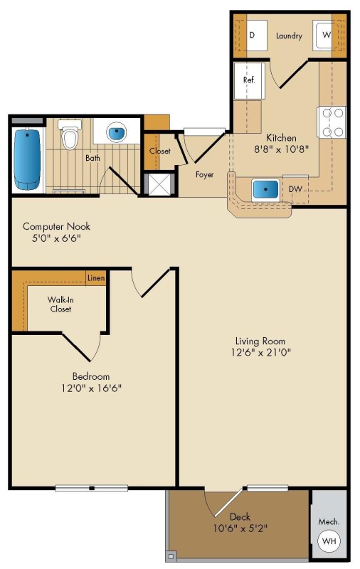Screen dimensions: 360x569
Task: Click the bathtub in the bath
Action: (27, 159)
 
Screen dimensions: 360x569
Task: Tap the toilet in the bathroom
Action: (70, 134)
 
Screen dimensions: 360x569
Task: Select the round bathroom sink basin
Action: (117, 132)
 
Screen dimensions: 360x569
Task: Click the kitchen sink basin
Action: (265, 189)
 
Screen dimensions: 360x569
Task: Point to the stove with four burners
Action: (332, 122)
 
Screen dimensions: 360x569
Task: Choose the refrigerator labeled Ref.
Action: (249, 81)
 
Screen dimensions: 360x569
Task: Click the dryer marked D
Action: (257, 35)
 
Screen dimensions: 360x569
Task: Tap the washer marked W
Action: (324, 35)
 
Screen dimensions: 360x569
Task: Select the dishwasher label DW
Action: (295, 189)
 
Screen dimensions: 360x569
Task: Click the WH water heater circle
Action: (329, 541)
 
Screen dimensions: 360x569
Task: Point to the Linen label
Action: (96, 278)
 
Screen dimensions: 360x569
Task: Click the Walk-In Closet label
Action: (60, 304)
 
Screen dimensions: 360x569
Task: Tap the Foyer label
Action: (205, 174)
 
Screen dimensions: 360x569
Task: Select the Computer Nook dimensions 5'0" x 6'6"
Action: (56, 238)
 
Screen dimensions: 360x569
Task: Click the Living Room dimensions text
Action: (261, 352)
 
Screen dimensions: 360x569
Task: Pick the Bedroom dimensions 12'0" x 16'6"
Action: (91, 388)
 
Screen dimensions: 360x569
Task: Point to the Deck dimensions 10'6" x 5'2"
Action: (240, 528)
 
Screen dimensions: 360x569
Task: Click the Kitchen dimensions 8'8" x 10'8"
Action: (281, 149)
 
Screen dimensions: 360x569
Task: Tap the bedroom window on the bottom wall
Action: (92, 488)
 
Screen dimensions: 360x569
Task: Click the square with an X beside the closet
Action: (159, 185)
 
